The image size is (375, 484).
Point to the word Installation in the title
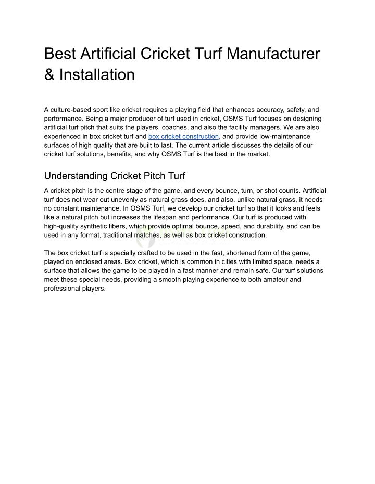pos(97,75)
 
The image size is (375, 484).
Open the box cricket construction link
pos(183,136)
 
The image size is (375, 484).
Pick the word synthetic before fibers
pos(106,226)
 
